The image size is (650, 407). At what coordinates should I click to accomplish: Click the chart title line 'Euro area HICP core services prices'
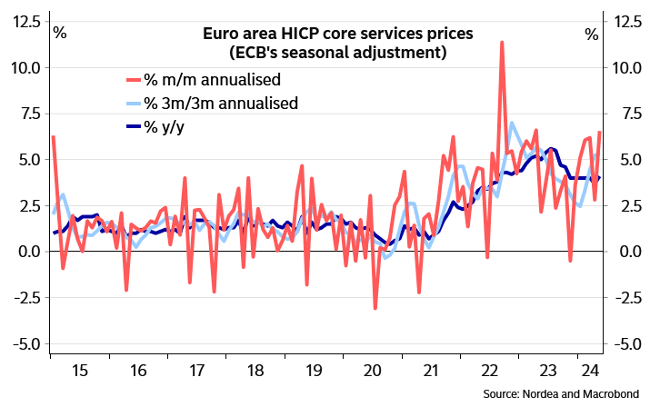pyautogui.click(x=337, y=35)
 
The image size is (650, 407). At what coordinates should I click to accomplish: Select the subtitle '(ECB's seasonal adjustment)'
pyautogui.click(x=337, y=54)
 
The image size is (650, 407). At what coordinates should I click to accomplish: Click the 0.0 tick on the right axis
pyautogui.click(x=624, y=252)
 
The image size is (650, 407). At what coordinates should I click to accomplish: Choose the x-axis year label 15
pyautogui.click(x=79, y=371)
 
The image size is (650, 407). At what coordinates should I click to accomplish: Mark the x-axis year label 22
pyautogui.click(x=487, y=371)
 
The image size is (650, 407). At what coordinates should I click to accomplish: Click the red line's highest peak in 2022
pyautogui.click(x=502, y=42)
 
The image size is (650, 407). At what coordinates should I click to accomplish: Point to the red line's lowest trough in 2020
pyautogui.click(x=375, y=309)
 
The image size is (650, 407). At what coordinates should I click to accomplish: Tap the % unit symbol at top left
pyautogui.click(x=60, y=35)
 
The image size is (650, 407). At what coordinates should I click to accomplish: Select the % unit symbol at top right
pyautogui.click(x=591, y=35)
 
